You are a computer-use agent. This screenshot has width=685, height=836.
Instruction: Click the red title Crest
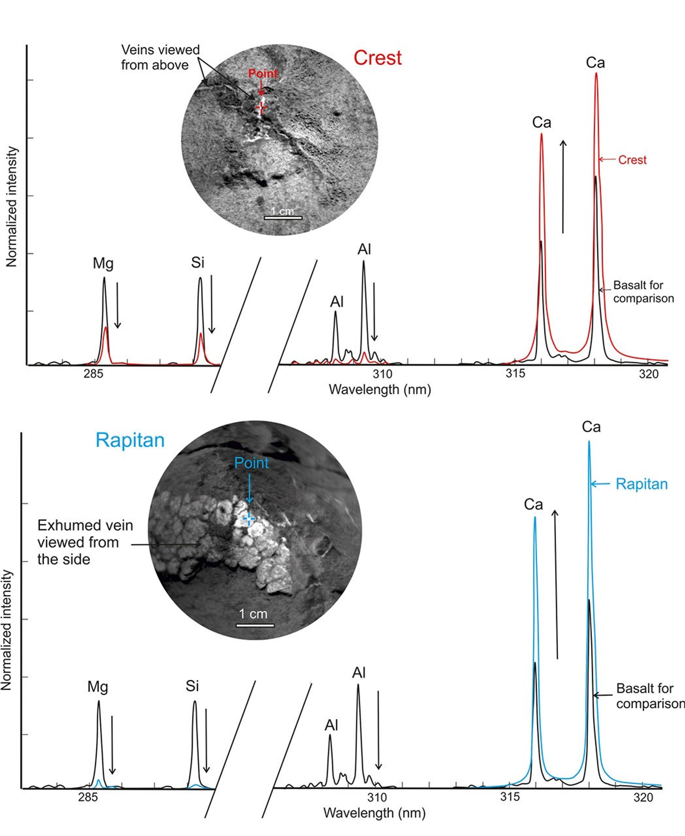point(377,58)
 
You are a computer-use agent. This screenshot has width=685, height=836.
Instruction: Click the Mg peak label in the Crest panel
point(103,263)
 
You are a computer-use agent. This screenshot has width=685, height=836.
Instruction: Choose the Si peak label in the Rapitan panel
point(192,686)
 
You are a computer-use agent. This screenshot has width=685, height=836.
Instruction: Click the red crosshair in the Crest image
point(261,107)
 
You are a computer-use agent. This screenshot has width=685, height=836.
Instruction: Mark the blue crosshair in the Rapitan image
point(249,518)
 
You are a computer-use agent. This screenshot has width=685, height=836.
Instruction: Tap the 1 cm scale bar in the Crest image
point(283,217)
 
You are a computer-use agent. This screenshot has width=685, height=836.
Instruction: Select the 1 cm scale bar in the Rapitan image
point(255,625)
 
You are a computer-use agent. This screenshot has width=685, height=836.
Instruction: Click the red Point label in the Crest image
point(263,74)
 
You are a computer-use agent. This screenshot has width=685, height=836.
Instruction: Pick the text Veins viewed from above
point(160,57)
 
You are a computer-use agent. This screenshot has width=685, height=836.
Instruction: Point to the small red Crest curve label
point(632,160)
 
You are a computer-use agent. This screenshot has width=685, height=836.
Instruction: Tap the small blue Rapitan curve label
point(642,484)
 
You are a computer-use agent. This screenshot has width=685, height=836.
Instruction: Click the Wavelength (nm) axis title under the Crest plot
point(380,390)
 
